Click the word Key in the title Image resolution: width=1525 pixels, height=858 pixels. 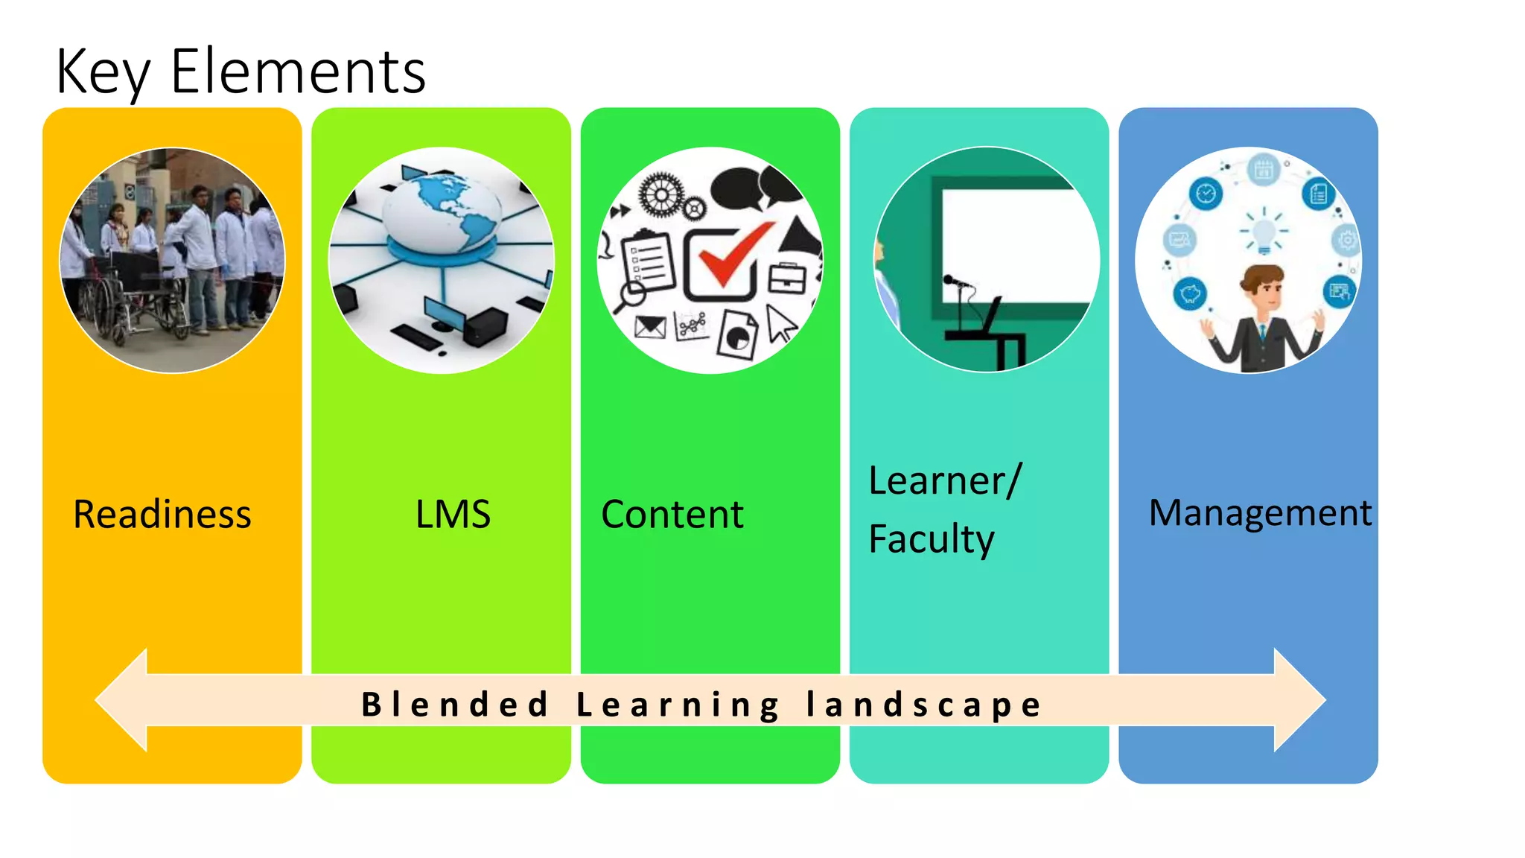[102, 72]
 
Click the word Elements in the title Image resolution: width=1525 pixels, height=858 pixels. [298, 72]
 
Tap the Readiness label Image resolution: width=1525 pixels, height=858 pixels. [162, 515]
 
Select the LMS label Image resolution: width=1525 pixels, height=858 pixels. [453, 515]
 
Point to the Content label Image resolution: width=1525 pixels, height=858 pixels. [672, 515]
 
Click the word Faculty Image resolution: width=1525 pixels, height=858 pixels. [931, 539]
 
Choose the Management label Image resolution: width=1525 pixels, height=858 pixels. [1260, 513]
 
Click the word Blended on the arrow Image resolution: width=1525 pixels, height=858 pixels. [455, 705]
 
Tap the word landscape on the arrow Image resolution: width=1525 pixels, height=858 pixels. [923, 705]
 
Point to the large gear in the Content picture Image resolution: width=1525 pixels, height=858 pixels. [660, 195]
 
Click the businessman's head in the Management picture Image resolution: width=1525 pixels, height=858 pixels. [1263, 287]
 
